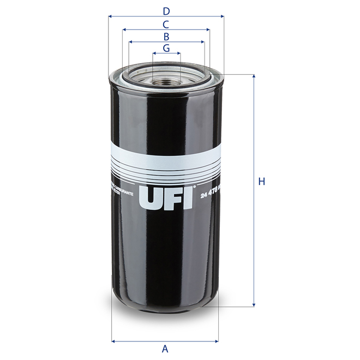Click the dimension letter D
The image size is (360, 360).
point(166,10)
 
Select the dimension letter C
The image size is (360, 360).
point(166,24)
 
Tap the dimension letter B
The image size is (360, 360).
point(166,37)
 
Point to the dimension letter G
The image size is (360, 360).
point(166,49)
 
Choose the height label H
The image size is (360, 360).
point(261,182)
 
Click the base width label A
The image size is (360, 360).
point(165,349)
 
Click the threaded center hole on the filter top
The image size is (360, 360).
point(166,83)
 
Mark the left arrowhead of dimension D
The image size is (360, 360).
point(111,16)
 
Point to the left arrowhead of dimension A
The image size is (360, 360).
point(113,341)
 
